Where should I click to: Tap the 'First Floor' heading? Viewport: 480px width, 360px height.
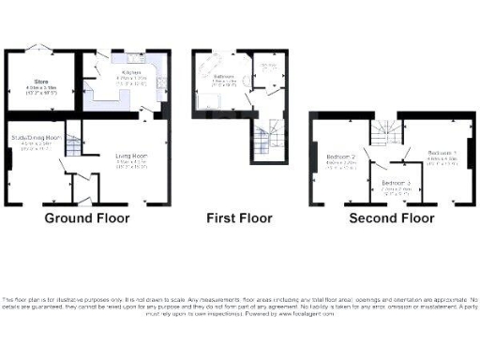point(239,218)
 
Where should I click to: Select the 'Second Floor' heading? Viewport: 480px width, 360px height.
point(391,218)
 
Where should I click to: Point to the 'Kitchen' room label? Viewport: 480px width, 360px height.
point(130,72)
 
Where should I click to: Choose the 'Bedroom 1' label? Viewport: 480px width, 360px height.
point(442,152)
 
